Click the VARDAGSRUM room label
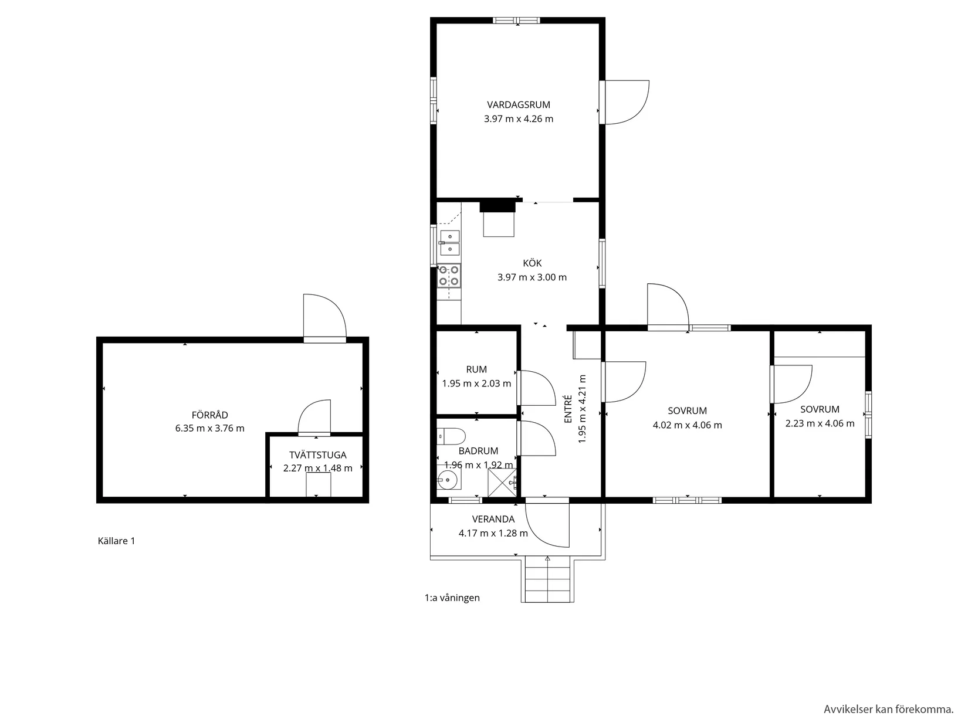[518, 105]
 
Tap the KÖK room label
[532, 263]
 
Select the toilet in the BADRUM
[451, 436]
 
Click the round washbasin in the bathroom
[448, 480]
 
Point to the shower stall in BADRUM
[502, 483]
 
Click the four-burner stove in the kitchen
[449, 276]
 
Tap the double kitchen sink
[450, 243]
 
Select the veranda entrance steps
[547, 579]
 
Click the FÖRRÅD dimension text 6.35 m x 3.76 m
[209, 429]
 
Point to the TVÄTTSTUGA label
[317, 455]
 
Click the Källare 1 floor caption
[116, 541]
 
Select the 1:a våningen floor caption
[452, 598]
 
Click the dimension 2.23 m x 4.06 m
[820, 423]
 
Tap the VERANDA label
[493, 519]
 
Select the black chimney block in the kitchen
[498, 206]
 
